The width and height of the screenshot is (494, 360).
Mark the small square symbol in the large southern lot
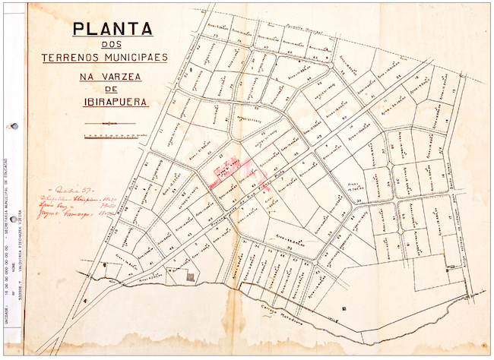click(346, 308)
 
